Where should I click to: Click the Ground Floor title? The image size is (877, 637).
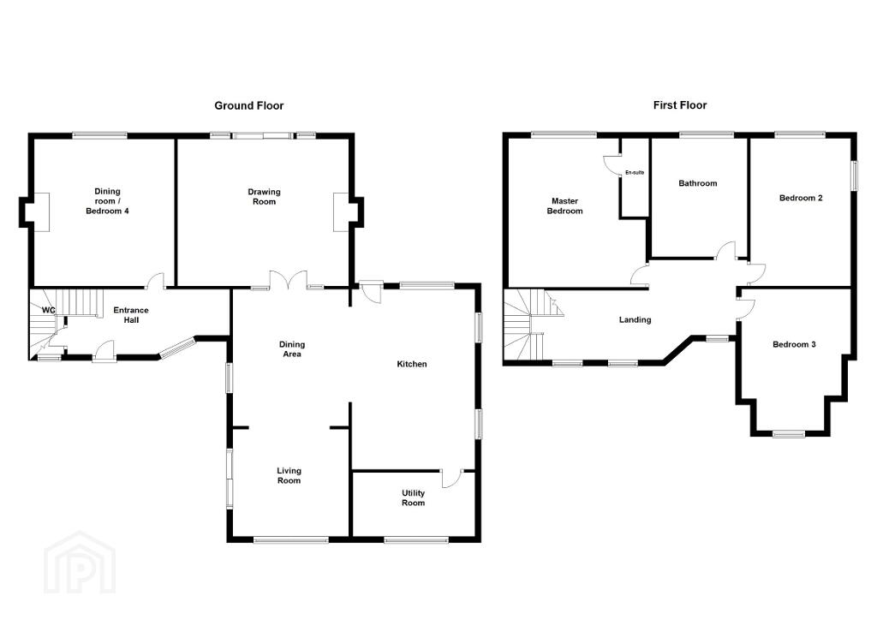(249, 105)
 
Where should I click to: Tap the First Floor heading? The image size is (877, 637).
(679, 105)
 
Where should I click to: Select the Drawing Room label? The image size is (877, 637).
(264, 196)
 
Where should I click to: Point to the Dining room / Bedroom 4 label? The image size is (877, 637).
(107, 201)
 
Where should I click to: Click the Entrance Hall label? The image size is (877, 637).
(131, 315)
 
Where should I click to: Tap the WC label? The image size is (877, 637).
(49, 310)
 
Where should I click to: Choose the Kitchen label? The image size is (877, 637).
(412, 364)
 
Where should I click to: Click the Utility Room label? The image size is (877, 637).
(414, 497)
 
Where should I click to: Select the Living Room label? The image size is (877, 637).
(289, 475)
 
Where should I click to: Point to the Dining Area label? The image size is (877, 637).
(292, 349)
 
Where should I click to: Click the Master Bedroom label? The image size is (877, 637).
(565, 205)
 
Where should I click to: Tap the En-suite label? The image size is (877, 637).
(635, 173)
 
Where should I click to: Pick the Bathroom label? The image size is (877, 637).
(697, 183)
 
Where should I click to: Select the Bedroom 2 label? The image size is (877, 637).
(801, 198)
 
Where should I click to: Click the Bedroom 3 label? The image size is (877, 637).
(794, 344)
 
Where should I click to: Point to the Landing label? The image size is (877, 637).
(635, 320)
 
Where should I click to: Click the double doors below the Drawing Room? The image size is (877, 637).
(289, 280)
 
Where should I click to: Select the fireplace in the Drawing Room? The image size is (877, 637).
(341, 212)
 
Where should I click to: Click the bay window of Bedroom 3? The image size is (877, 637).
(789, 433)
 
